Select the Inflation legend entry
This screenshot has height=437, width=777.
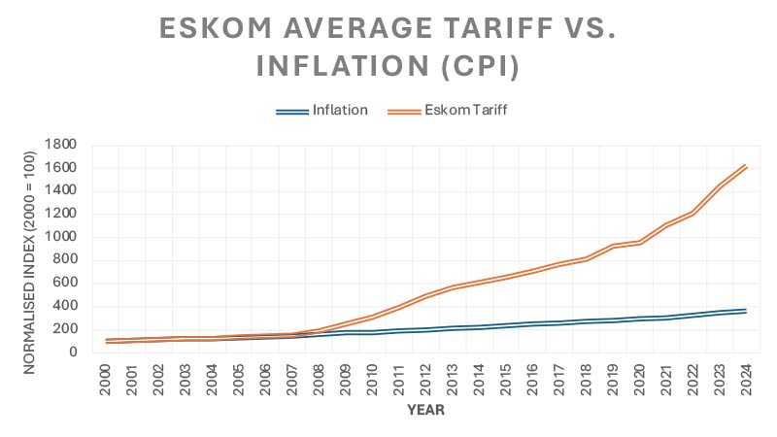click(339, 110)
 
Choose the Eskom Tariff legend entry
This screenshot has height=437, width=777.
click(465, 110)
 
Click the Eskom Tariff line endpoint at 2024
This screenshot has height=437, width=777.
click(744, 166)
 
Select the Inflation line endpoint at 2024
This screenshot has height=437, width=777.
click(744, 311)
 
